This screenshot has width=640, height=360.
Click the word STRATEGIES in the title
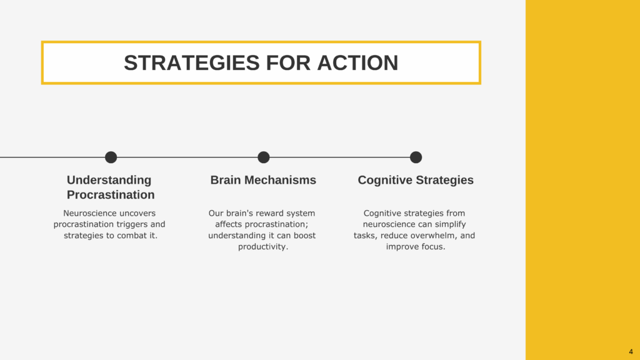pos(192,63)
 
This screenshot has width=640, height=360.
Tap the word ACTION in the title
pos(357,63)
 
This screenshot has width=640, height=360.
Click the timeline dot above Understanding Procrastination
pos(111,157)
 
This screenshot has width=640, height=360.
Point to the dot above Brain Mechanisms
pos(264,157)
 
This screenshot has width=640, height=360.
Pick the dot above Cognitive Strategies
pos(416,157)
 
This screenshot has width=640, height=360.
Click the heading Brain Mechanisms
pos(263,180)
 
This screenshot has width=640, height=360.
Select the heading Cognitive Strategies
pos(416,180)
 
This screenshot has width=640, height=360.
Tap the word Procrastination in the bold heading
pos(111,195)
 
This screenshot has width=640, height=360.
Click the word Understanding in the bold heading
pos(109,180)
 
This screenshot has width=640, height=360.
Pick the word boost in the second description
pos(304,236)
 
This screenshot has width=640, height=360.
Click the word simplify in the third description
pos(450,224)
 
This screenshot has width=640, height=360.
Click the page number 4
pos(631,351)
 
